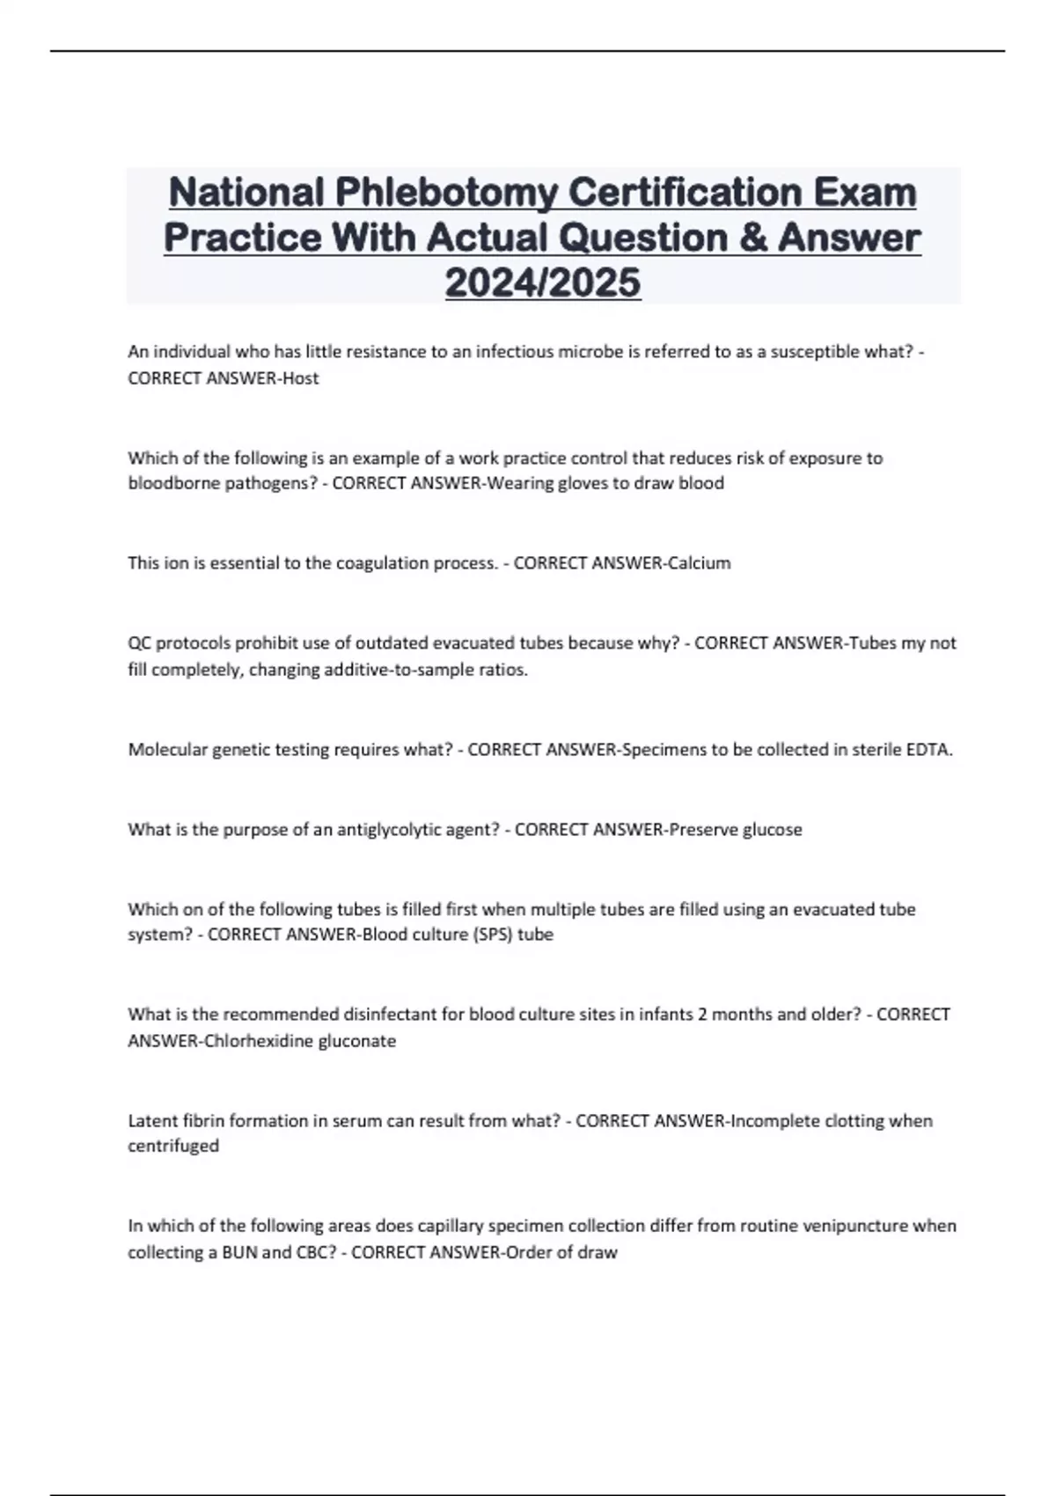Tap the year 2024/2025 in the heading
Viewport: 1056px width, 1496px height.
click(543, 282)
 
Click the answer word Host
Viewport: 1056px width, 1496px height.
click(299, 378)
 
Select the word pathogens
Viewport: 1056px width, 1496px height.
click(264, 483)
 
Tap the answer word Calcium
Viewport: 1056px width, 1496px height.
click(699, 563)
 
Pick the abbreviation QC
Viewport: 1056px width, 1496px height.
click(139, 643)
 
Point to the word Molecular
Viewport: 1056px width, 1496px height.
click(167, 750)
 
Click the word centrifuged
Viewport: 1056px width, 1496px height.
click(173, 1146)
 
